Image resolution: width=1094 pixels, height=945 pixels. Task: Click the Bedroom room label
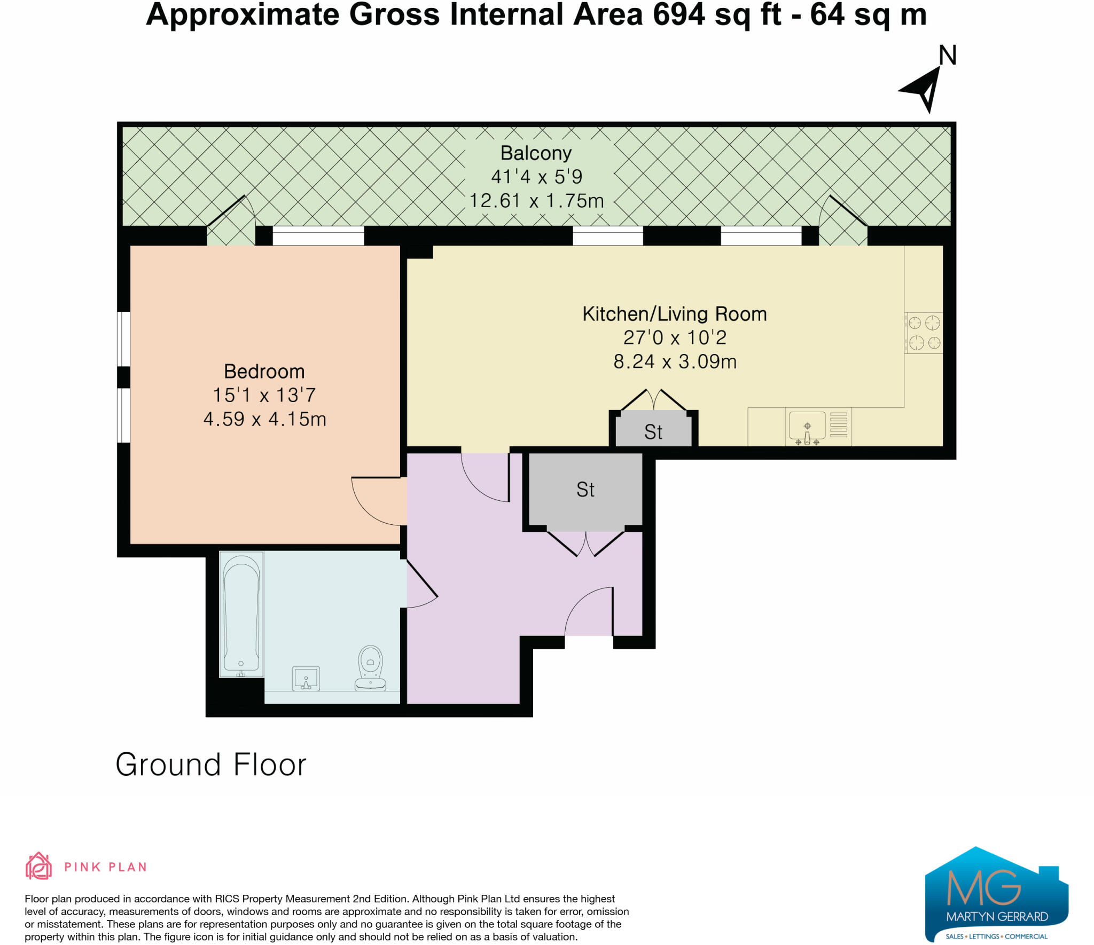(264, 371)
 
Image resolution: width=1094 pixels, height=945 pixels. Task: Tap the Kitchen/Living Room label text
(675, 314)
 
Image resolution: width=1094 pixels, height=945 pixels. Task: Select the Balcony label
(536, 154)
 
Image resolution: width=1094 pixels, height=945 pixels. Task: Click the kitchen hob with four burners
(924, 333)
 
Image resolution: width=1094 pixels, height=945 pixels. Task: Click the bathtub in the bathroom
(241, 614)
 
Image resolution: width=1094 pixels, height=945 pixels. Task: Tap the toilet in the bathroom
(371, 668)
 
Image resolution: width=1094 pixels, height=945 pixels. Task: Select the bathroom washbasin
(306, 678)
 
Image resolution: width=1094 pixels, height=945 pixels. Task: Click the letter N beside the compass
(948, 56)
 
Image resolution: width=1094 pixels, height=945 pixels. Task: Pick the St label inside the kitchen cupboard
(653, 432)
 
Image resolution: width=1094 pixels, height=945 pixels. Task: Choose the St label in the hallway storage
(585, 490)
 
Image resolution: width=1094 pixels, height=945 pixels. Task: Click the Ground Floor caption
(211, 765)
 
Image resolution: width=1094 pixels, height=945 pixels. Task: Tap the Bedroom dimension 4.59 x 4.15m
(264, 419)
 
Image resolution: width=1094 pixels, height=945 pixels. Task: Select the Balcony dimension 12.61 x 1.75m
(536, 201)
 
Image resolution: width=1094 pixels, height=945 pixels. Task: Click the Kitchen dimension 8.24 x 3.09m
(675, 361)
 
